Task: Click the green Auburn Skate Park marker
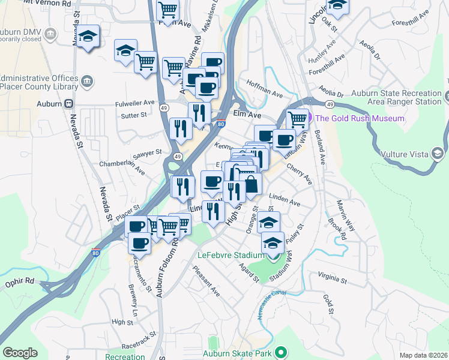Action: [x=280, y=353]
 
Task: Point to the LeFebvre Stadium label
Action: [x=232, y=253]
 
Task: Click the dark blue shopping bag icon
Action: [x=251, y=184]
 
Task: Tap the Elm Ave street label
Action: [x=247, y=115]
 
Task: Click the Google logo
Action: [x=20, y=353]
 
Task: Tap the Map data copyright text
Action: [x=423, y=355]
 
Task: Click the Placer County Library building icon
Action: [x=87, y=81]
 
